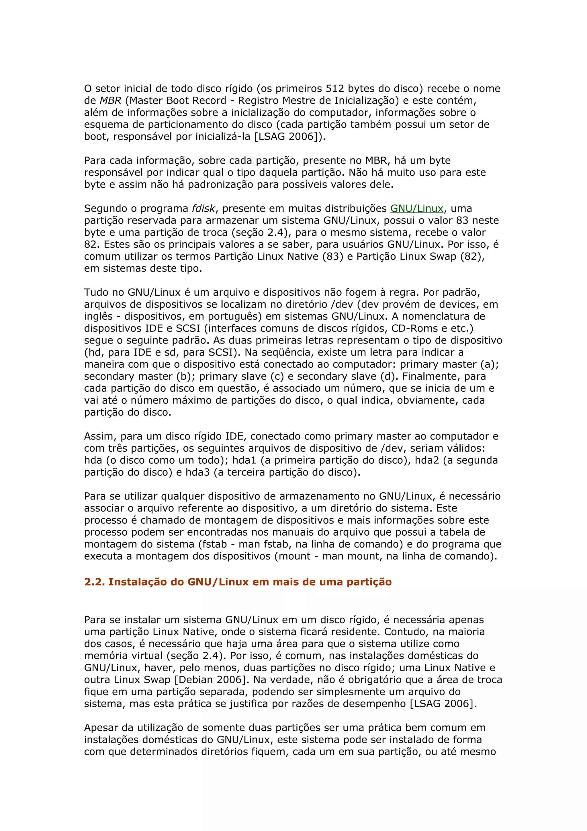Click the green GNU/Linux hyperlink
417,208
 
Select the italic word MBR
110,101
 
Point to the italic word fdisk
204,208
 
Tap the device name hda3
197,472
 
